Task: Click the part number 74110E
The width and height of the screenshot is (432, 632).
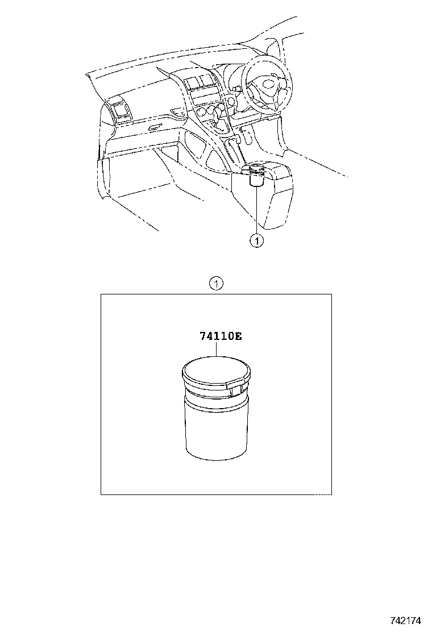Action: (221, 336)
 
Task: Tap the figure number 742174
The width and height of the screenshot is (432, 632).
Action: (405, 619)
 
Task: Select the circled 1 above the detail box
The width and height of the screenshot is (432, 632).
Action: (216, 284)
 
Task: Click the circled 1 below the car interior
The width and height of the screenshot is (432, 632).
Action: (257, 241)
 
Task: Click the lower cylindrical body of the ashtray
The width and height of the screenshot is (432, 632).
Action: (215, 429)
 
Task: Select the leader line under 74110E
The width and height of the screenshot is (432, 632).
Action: (217, 349)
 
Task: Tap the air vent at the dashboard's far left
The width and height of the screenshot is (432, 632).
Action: (122, 111)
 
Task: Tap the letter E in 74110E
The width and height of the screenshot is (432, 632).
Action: (238, 336)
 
